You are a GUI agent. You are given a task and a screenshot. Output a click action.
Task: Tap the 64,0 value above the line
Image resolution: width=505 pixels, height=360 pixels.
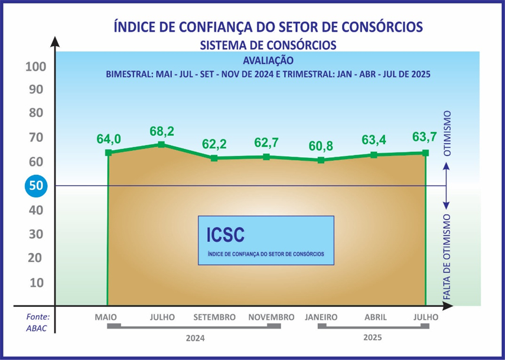(x=109, y=140)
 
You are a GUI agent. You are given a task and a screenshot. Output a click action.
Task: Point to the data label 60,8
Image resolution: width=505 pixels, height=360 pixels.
(x=321, y=146)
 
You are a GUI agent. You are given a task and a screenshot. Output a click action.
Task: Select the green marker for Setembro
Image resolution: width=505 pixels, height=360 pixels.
(x=214, y=158)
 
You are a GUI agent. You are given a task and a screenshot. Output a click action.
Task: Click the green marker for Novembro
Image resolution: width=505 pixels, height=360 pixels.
(x=267, y=157)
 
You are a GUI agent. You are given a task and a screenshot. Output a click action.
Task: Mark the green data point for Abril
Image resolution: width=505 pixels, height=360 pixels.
(x=374, y=155)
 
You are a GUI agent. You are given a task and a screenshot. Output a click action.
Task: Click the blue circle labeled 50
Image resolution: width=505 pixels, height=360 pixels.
(x=35, y=186)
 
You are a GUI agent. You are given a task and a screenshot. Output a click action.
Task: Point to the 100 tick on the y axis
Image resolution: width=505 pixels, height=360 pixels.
(x=35, y=66)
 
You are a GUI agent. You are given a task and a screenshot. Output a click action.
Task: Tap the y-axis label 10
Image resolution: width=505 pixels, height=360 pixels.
(x=37, y=282)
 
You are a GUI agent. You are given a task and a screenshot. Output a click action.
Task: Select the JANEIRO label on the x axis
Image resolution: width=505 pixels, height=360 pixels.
(x=321, y=317)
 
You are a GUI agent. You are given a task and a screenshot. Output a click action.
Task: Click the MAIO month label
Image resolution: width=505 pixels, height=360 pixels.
(x=106, y=317)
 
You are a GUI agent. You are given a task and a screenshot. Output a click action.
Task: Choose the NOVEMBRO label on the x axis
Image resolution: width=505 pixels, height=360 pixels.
(x=271, y=317)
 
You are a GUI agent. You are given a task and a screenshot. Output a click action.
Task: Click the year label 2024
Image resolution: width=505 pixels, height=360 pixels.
(x=194, y=339)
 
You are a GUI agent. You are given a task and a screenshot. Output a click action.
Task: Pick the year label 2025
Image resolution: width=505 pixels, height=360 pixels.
(x=373, y=339)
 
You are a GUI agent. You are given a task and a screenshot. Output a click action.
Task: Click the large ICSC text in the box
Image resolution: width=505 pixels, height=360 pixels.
(x=226, y=235)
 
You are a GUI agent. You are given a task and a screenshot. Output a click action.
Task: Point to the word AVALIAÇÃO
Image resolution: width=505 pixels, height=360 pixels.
(x=268, y=60)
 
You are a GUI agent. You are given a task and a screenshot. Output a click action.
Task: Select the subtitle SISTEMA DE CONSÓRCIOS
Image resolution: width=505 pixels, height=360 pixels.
(x=268, y=45)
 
